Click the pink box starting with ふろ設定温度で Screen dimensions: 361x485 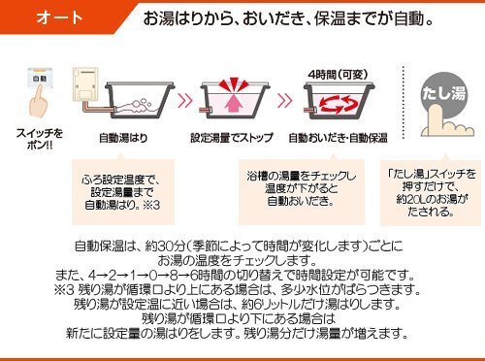click(120, 190)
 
